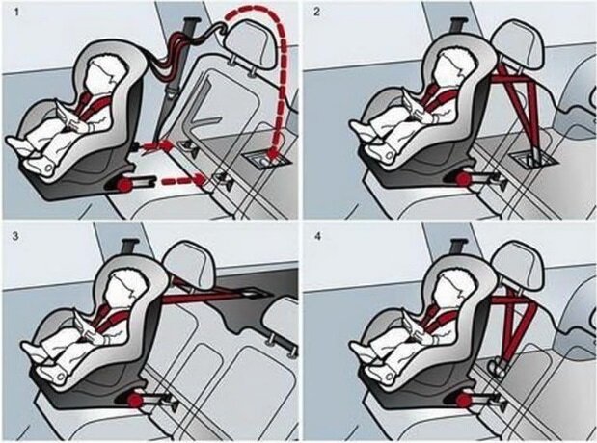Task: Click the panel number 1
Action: [x=16, y=12]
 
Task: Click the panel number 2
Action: [x=317, y=12]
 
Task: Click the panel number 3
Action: [x=15, y=236]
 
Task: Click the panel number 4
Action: [x=318, y=236]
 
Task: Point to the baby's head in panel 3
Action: [x=123, y=290]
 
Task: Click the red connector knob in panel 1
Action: [x=123, y=185]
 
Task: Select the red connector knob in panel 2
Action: [x=463, y=178]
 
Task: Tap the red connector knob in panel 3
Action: [x=133, y=400]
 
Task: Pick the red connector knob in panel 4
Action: [x=463, y=400]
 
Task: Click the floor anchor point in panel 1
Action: [x=266, y=159]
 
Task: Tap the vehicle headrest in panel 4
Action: [x=519, y=265]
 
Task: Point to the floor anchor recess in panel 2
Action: [x=534, y=159]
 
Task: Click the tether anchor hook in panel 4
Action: [x=496, y=367]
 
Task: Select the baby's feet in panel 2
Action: [x=373, y=143]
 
